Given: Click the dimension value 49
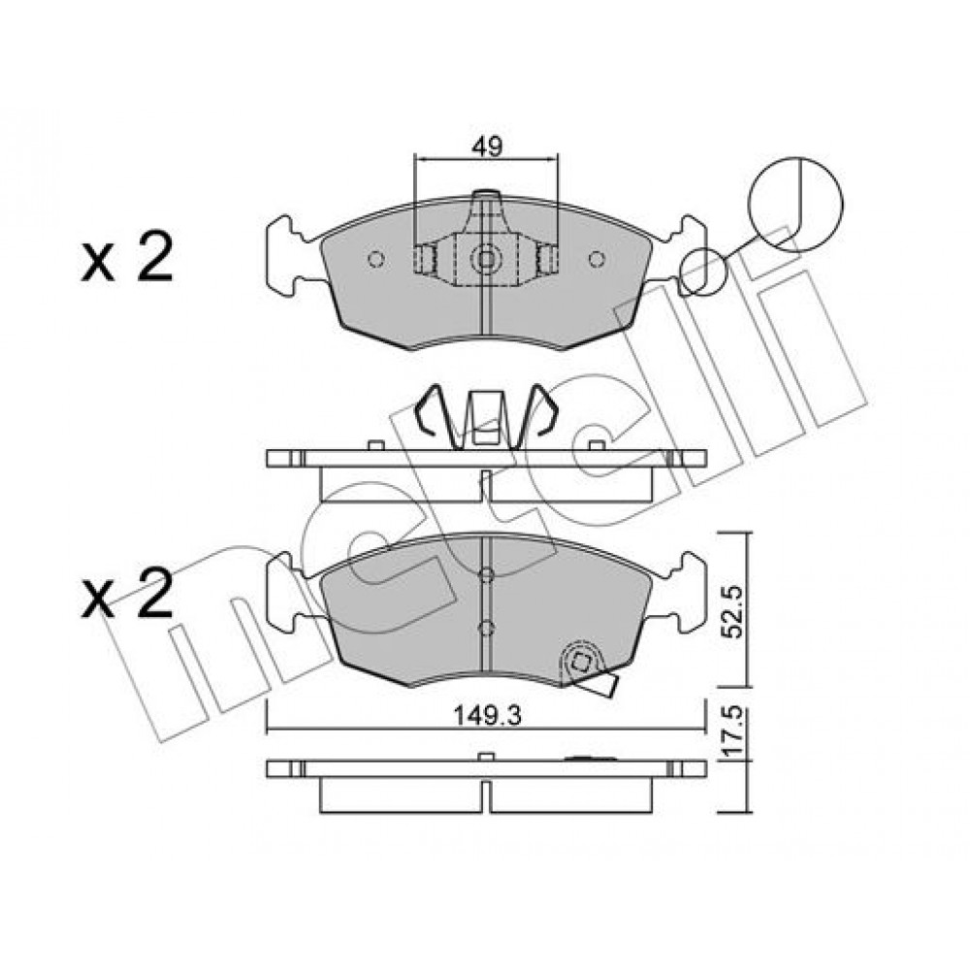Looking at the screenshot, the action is pyautogui.click(x=487, y=146).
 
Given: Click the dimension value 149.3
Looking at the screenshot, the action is pyautogui.click(x=488, y=717).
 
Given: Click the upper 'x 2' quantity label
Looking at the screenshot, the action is pyautogui.click(x=127, y=258).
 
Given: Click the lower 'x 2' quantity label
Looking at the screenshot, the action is pyautogui.click(x=127, y=594).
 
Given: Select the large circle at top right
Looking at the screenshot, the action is pyautogui.click(x=795, y=204).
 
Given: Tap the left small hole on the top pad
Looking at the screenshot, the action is pyautogui.click(x=376, y=259).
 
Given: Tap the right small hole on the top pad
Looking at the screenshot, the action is pyautogui.click(x=597, y=259).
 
